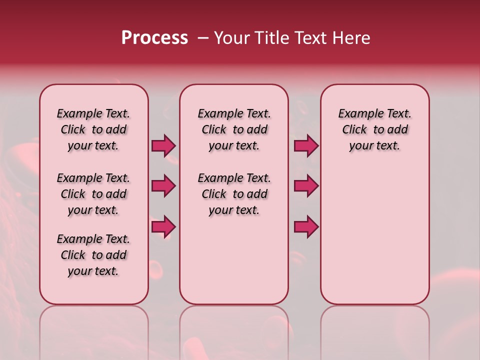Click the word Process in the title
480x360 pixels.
coord(154,38)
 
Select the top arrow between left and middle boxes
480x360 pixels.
coord(163,146)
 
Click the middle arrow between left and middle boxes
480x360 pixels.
coord(163,186)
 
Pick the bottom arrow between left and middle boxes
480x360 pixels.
coord(163,226)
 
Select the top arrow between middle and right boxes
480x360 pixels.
coord(306,146)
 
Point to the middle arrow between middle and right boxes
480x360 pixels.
coord(306,186)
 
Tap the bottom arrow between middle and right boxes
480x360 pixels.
coord(306,226)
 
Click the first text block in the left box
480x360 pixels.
coord(93,129)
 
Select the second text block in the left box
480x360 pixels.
coord(93,194)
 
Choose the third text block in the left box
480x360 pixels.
coord(93,255)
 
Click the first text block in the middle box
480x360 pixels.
coord(234,129)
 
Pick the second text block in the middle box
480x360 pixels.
coord(234,194)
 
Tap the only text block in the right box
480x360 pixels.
coord(374,129)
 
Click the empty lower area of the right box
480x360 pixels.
coord(374,235)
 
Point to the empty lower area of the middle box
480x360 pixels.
coord(234,260)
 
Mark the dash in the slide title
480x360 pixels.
coord(203,38)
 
